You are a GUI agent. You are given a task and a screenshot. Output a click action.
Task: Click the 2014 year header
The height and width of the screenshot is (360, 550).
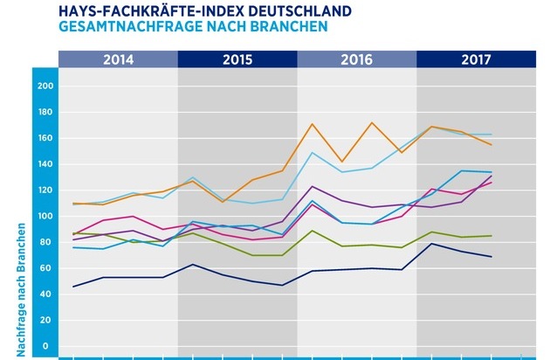pyautogui.click(x=118, y=60)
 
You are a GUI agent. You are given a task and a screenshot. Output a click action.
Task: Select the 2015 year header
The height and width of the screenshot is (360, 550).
pyautogui.click(x=237, y=60)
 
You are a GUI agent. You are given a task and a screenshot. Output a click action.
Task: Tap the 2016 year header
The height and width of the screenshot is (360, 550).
pyautogui.click(x=356, y=60)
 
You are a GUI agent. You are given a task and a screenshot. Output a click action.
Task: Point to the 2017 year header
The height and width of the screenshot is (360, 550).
pyautogui.click(x=475, y=60)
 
